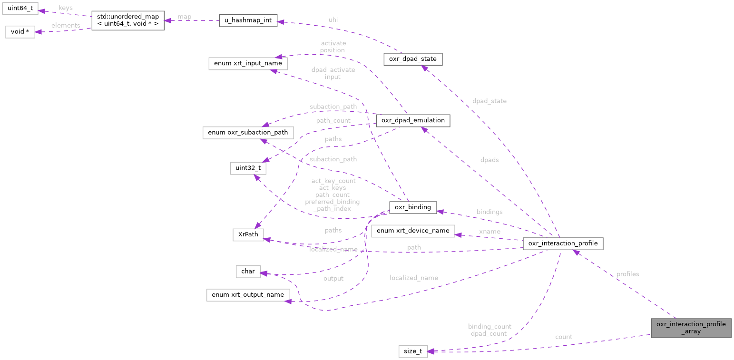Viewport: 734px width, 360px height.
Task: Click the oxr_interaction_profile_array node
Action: coord(691,328)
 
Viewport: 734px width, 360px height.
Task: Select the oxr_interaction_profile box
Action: coord(563,243)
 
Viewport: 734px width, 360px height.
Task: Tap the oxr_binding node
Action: coord(412,207)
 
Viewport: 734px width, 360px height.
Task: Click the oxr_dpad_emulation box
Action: coord(413,120)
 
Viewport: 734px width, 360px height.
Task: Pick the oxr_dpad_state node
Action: coord(413,59)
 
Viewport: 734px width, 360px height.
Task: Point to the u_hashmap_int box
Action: coord(248,21)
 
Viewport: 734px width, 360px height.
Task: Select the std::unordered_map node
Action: coord(127,20)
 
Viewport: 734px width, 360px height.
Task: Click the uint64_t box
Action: coord(20,9)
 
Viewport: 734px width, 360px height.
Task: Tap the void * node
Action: coord(20,32)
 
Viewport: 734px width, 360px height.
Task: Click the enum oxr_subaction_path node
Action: coord(248,132)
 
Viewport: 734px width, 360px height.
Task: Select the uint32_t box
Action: coord(248,168)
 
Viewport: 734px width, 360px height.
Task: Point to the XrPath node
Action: coord(248,234)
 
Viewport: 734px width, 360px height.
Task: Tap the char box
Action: coord(248,272)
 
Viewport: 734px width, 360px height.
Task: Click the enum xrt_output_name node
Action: coord(248,295)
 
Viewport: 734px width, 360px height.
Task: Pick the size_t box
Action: coord(412,351)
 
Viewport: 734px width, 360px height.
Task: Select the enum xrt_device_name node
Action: coord(413,231)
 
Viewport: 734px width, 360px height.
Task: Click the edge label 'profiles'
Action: coord(627,274)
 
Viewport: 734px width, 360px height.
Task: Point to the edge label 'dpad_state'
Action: coord(489,101)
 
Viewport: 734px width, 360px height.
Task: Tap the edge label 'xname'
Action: coord(489,232)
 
